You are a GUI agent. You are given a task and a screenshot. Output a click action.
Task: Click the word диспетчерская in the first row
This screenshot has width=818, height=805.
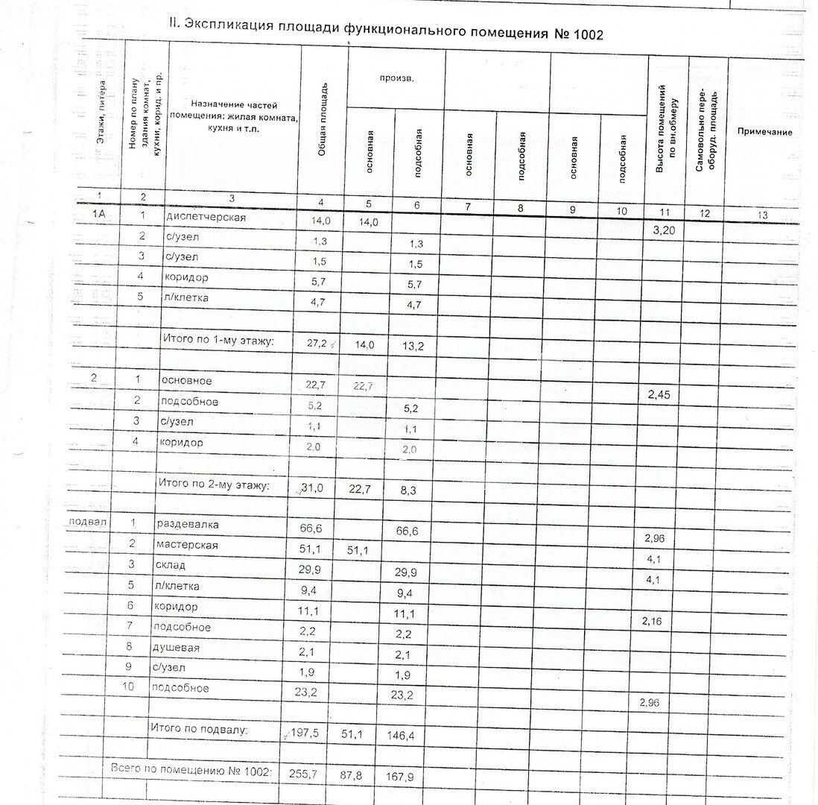click(205, 217)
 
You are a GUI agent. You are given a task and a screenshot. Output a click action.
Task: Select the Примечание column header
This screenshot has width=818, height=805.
click(764, 132)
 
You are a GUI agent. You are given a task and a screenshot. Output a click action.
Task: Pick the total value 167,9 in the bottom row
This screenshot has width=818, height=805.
click(400, 777)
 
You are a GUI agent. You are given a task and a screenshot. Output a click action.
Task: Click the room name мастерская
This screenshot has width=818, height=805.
click(187, 545)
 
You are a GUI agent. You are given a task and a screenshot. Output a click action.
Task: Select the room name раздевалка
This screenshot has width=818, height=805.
click(187, 524)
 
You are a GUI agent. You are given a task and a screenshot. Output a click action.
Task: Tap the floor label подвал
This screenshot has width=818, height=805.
click(87, 522)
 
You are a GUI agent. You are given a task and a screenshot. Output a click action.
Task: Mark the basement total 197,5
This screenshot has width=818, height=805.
click(304, 733)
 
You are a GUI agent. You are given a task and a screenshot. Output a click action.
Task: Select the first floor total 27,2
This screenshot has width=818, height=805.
click(323, 343)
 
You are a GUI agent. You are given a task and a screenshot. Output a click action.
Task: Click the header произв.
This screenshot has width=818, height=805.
click(396, 78)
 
